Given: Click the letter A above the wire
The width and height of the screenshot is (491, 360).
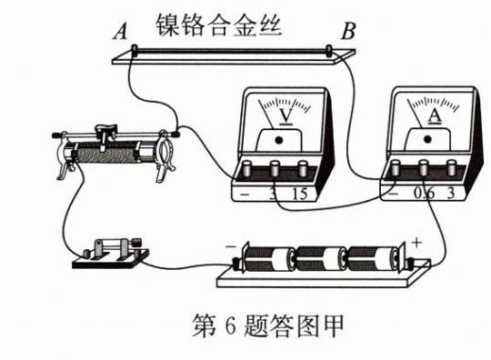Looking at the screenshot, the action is [x=121, y=32].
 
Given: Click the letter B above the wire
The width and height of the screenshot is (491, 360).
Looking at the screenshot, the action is [x=348, y=31].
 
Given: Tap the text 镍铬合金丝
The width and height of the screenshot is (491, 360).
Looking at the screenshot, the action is [x=218, y=25].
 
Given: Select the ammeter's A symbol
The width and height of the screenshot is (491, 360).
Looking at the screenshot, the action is [x=435, y=116].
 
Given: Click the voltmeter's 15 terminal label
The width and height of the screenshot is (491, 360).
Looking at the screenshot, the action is [x=300, y=194].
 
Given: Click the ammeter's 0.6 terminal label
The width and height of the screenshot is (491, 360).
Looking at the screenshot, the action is [x=425, y=194].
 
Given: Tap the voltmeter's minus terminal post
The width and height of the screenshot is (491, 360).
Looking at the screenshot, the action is [x=247, y=169].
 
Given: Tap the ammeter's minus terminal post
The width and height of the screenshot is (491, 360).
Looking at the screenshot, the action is [x=396, y=168].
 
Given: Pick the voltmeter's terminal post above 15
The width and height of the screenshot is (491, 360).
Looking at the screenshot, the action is [x=303, y=169].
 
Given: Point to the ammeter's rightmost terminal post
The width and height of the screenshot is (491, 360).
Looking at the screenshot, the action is [x=451, y=168].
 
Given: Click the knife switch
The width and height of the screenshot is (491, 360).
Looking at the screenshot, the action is [x=110, y=253].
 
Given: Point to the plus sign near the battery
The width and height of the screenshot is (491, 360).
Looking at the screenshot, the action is [x=416, y=243].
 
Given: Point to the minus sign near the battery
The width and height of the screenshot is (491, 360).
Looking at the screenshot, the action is [x=231, y=247].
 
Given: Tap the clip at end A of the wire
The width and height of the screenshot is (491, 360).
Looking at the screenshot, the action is [x=135, y=50].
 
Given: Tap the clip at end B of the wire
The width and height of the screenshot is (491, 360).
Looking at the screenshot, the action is [x=329, y=50].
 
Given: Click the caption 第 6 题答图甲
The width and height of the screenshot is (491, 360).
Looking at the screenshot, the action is [x=267, y=325].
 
